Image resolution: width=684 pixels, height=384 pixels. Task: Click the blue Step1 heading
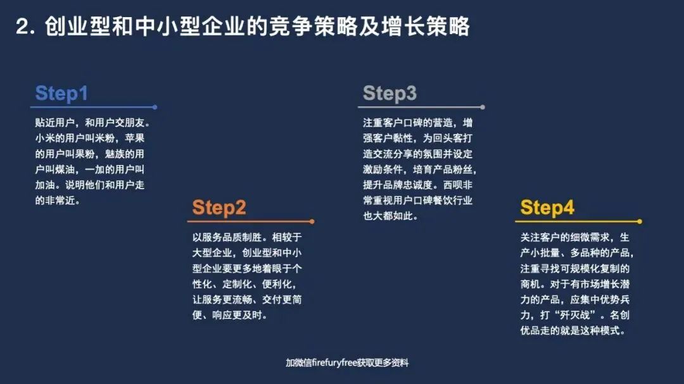tap(61, 94)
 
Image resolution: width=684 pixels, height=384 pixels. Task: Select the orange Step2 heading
tap(219, 207)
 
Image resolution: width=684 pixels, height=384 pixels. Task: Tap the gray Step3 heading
tap(389, 94)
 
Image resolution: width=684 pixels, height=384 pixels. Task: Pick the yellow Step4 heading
tap(547, 207)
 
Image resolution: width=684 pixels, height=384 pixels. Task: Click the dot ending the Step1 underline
tap(155, 108)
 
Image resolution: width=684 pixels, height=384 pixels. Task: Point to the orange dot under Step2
tap(312, 221)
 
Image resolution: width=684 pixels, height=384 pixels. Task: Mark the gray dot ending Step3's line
tap(483, 108)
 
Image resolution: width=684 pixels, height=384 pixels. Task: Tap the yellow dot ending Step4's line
tap(640, 221)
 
